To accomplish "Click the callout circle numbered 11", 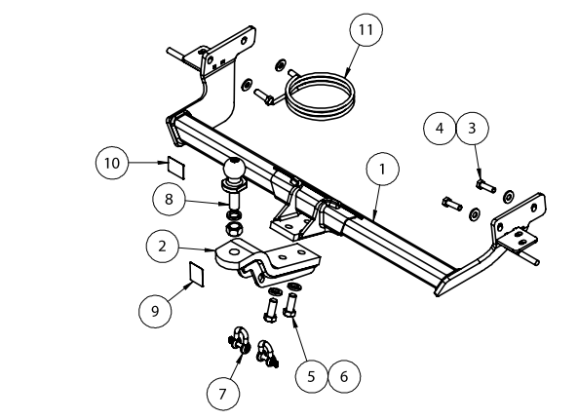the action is tap(366, 30).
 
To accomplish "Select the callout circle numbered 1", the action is tap(383, 170).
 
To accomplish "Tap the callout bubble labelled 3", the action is tap(472, 129).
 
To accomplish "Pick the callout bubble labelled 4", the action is tap(440, 129).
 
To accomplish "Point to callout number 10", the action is tap(112, 163).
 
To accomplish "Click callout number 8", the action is tap(169, 200).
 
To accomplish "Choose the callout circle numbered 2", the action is tap(162, 247).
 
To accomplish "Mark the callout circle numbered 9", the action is tap(155, 311).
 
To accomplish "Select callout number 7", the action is tap(222, 394).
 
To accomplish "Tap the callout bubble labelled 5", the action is tap(312, 376).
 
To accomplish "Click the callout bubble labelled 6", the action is tap(344, 376).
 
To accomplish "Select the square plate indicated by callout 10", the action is tap(176, 168).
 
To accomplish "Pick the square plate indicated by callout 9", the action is tap(197, 274).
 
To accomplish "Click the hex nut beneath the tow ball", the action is tap(234, 229).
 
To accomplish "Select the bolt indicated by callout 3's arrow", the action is tap(485, 186).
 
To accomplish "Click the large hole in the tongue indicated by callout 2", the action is tap(233, 252).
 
